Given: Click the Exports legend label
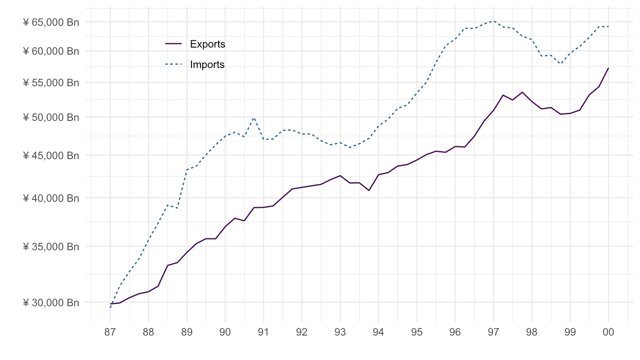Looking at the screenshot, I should coord(208,44).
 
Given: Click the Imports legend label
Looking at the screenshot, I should coord(207,64).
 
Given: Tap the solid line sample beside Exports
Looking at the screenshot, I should coord(174,44).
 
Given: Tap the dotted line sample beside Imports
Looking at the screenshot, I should coord(174,64).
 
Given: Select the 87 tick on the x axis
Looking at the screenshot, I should coord(110,333).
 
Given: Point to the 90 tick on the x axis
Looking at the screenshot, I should coord(225,333).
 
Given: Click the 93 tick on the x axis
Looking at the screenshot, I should coord(340,333).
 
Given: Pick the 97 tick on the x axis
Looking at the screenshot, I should coord(493,333).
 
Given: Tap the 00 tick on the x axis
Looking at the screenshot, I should coord(608,333).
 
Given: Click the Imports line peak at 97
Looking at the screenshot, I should coord(493,21).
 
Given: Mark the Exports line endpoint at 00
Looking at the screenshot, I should coord(608,68).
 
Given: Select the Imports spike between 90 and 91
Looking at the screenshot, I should coord(254,118).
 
